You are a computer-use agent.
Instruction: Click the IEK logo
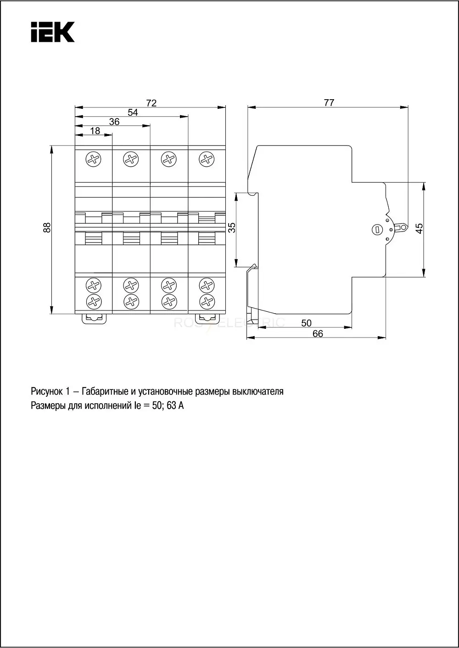53,32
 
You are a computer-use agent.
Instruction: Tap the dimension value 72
151,103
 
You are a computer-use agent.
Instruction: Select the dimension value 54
133,112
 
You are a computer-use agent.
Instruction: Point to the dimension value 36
114,122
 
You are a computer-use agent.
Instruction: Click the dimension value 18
95,131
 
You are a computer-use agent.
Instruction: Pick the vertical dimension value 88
47,227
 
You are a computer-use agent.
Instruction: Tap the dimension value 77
329,103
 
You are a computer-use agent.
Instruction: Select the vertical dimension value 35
232,227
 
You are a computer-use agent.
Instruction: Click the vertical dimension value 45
419,228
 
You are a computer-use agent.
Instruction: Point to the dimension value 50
307,323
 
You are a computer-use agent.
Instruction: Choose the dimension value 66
318,334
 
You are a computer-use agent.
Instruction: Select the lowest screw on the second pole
131,302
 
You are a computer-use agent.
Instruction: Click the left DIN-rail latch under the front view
94,319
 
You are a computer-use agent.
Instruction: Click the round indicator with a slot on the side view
377,230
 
